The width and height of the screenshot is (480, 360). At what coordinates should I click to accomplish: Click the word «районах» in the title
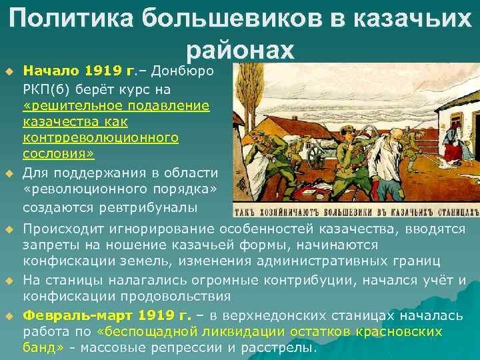coord(239,50)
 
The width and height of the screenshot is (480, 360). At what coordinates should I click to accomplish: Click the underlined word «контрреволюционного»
coord(101,138)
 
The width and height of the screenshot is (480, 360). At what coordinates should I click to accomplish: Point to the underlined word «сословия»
coord(57,154)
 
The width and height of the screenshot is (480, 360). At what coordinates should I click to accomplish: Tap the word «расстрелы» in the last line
coord(285,347)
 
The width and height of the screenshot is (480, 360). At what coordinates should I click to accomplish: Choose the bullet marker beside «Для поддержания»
coord(9,174)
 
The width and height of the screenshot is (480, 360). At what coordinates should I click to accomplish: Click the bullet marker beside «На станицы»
coord(9,281)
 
